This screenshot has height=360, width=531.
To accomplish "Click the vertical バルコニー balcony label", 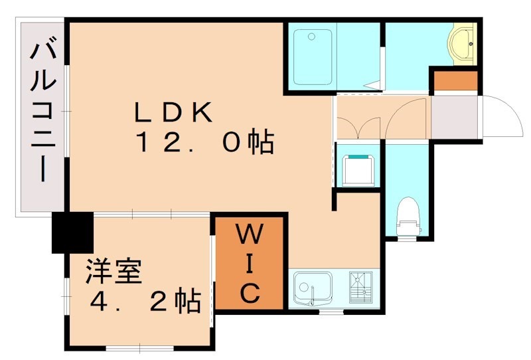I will coord(41,113).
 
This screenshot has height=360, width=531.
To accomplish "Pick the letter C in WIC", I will coord(249,292).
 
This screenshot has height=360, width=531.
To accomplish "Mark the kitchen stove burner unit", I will coord(362,289).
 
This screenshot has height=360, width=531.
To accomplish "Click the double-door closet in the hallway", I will coord(358,118).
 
